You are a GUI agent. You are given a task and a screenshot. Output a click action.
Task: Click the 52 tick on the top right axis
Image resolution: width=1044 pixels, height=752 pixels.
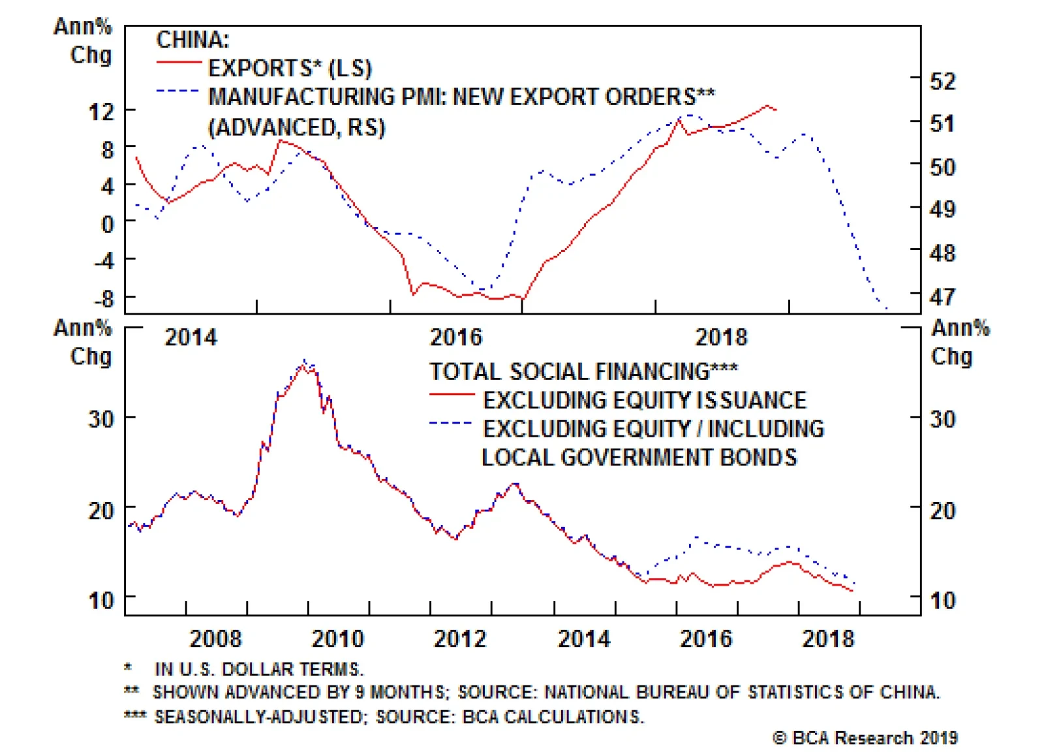point(942,81)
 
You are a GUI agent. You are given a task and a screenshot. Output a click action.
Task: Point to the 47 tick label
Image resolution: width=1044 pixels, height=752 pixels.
point(942,297)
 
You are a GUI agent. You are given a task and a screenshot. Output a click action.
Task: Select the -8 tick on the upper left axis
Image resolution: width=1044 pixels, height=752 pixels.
point(104,299)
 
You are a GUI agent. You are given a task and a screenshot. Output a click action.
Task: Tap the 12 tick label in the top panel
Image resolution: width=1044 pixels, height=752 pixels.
point(101,112)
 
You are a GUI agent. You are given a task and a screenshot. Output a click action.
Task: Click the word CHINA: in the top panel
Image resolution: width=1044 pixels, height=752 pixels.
point(192,40)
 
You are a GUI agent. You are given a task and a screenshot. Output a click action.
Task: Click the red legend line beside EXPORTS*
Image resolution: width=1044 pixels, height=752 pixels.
point(178,63)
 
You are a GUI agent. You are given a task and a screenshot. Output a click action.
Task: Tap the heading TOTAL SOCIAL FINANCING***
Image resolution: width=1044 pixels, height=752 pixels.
point(583,371)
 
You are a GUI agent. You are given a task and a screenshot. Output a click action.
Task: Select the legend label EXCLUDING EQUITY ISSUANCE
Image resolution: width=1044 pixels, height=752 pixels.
point(644,399)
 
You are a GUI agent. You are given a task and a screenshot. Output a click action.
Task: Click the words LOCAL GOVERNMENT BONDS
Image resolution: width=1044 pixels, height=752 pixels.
point(639,457)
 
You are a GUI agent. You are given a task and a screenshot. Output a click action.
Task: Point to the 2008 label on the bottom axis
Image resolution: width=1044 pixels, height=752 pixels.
point(215,638)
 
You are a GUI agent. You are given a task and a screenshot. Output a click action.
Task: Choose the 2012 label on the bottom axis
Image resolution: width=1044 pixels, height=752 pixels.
point(460,638)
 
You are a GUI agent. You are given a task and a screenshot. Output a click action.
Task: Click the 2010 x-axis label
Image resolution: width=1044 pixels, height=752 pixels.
point(337,638)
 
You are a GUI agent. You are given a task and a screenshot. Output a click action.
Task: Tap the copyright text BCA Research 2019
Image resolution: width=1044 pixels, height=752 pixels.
point(865,738)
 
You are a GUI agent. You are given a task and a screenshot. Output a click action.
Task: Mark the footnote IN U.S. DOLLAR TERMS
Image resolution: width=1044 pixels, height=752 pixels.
point(258,669)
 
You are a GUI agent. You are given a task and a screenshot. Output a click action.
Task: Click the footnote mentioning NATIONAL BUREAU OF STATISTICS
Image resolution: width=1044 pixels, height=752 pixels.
point(545,692)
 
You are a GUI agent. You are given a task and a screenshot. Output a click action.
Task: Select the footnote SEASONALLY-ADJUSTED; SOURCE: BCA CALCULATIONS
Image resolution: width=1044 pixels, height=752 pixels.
point(398,716)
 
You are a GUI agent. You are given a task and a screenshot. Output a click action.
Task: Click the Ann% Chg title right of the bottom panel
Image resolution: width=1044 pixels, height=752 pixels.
point(959,341)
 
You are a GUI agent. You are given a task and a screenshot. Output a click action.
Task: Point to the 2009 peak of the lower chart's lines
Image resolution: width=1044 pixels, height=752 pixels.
point(305,363)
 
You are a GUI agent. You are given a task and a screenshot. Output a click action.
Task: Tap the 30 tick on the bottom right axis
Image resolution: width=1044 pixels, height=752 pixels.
point(942,418)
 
